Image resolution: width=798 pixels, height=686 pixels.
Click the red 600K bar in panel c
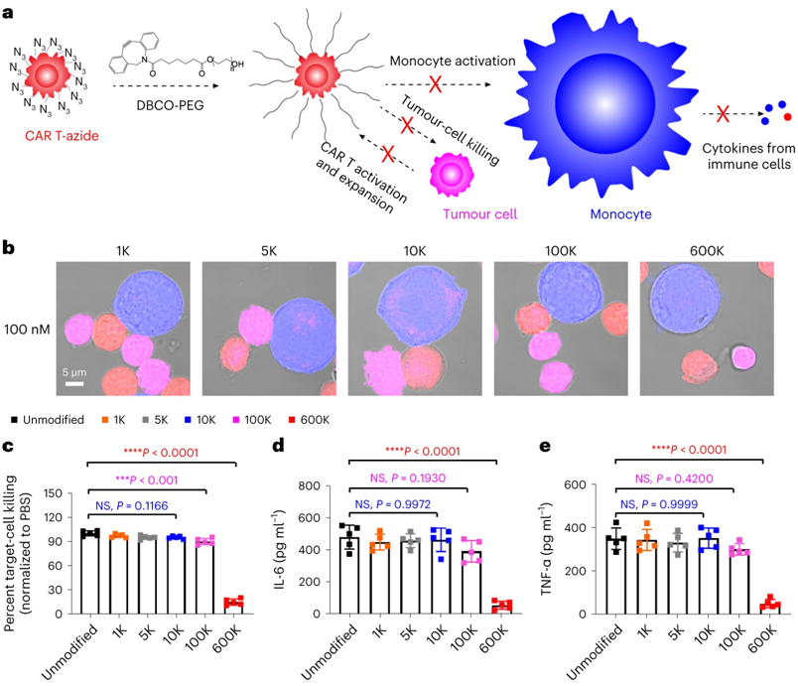(x=233, y=605)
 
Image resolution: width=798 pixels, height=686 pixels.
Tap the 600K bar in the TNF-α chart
(x=761, y=607)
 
